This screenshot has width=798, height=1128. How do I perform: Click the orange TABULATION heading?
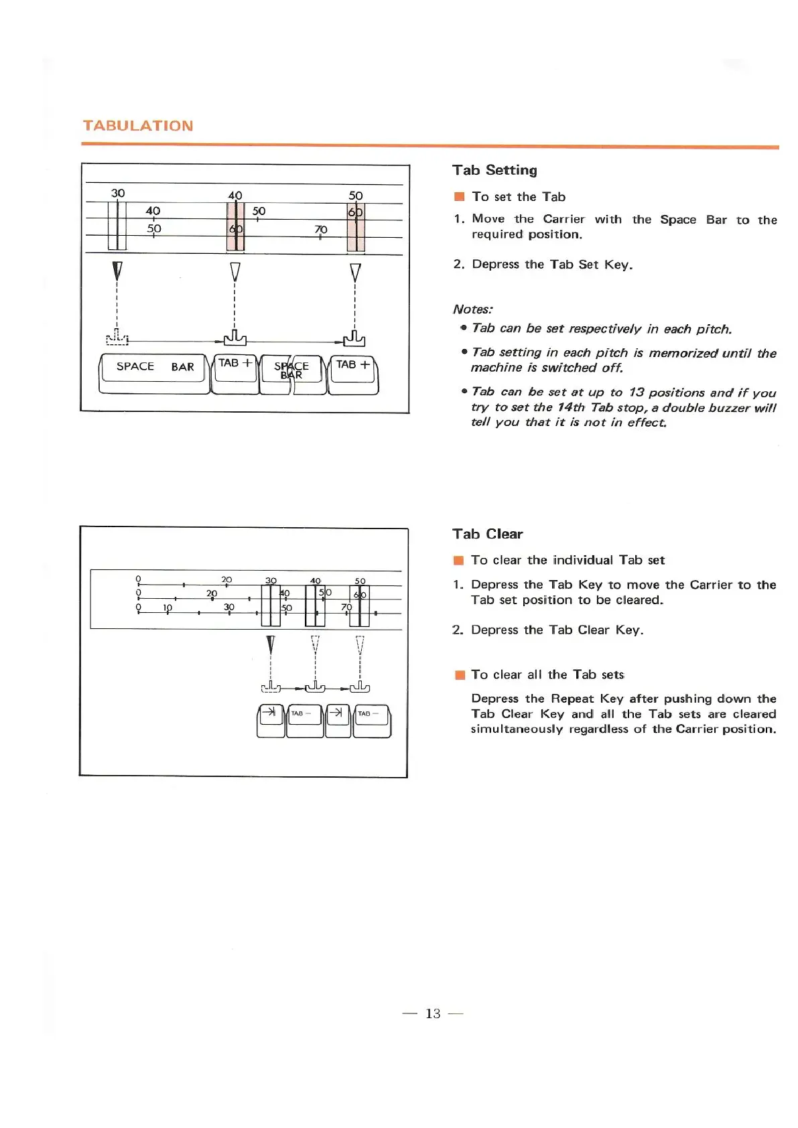[x=138, y=126]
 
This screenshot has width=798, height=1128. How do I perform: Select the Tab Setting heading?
[x=494, y=170]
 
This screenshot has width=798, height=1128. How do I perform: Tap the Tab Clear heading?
[x=487, y=534]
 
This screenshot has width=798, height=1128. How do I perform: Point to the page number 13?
[x=433, y=1013]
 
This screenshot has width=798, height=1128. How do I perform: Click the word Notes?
[x=472, y=309]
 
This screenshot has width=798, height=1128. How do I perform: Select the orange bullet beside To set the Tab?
[x=459, y=197]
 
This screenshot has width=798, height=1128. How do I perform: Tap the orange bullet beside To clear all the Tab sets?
[x=459, y=675]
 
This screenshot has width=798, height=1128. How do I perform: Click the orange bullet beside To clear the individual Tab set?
[x=459, y=561]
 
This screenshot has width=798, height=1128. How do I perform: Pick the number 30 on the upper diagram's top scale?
[x=118, y=193]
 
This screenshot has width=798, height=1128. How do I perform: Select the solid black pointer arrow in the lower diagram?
[x=270, y=644]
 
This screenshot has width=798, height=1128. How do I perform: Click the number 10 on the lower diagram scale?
[x=168, y=608]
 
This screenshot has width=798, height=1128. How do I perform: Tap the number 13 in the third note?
[x=637, y=393]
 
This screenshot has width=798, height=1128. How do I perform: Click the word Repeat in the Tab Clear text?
[x=572, y=699]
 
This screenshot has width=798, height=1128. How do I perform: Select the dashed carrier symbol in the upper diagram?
[x=117, y=338]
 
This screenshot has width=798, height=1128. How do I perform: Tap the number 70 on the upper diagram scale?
[x=321, y=230]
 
